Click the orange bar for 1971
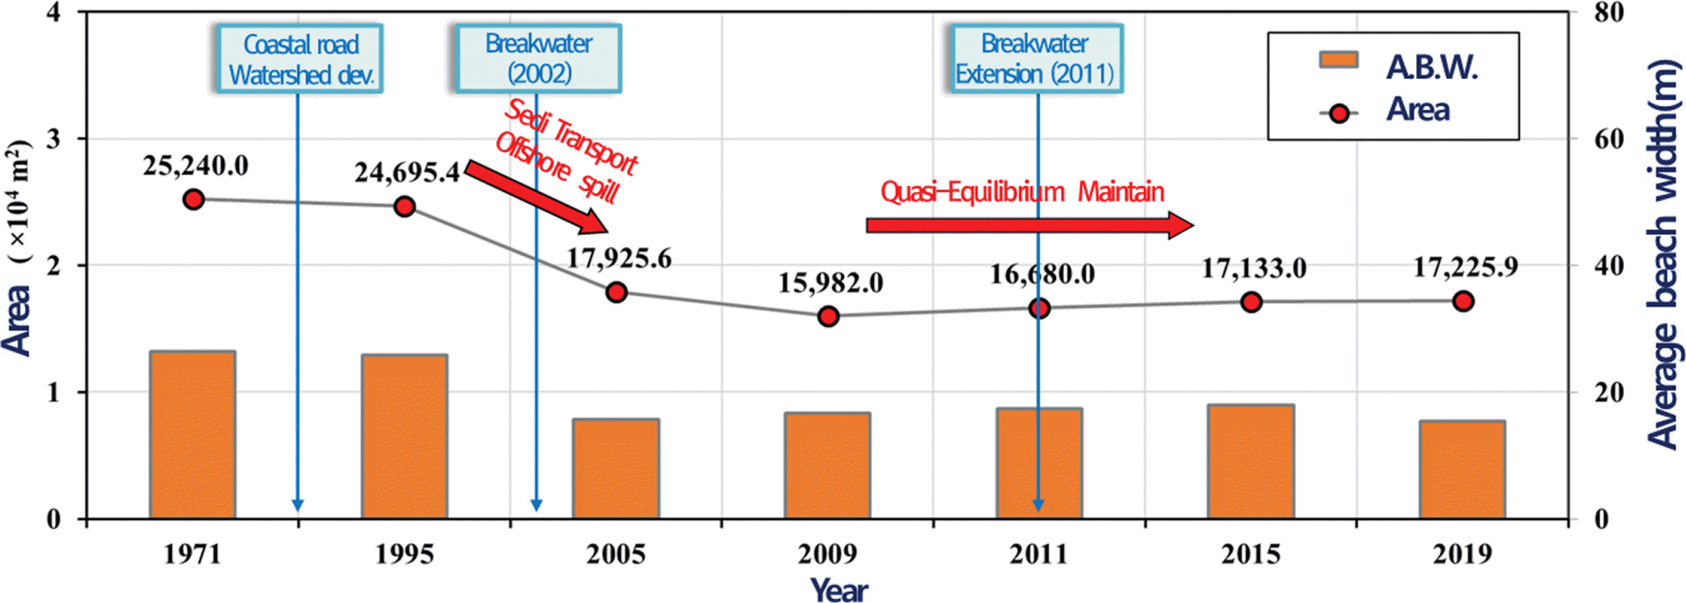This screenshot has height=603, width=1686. (193, 435)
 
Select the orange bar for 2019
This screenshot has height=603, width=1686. (1463, 470)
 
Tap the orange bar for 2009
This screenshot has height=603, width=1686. (827, 465)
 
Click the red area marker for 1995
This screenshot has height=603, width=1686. (405, 206)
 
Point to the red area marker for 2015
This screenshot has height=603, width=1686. (1251, 302)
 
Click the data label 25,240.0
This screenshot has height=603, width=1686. (196, 166)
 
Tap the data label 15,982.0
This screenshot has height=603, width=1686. (830, 283)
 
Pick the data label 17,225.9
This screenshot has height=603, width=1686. (1465, 267)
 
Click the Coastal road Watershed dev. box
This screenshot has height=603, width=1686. (300, 59)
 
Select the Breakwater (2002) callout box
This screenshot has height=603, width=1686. (538, 58)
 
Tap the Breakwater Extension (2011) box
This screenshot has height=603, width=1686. (1035, 58)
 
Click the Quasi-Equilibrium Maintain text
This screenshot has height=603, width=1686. (1022, 192)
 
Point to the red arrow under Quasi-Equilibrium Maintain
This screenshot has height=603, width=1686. (1028, 225)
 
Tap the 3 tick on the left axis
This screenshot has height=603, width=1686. (53, 139)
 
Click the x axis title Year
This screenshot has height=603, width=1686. (840, 590)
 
